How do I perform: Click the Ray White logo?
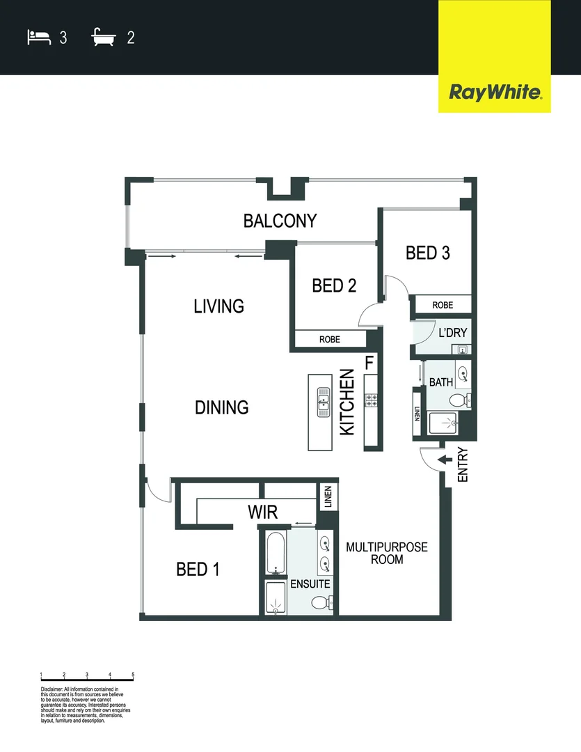495,92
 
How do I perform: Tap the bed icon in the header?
38,37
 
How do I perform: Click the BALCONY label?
280,221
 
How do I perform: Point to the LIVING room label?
218,306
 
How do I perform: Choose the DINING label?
221,407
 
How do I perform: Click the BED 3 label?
427,253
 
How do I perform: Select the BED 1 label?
198,570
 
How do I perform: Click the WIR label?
262,512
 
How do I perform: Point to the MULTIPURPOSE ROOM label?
387,553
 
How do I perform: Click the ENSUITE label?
310,584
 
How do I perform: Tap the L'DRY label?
452,332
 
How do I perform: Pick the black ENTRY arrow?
443,459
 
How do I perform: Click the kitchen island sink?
324,402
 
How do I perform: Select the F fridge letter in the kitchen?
369,362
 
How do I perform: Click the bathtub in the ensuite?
275,554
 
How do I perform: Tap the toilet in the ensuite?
321,602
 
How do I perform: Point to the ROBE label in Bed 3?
443,305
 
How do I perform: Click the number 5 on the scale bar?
133,675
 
